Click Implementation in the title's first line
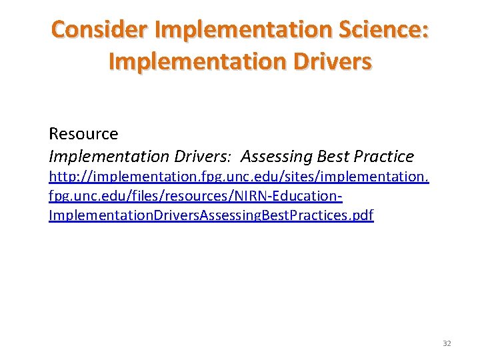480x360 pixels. pos(237,29)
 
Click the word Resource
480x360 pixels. pos(83,134)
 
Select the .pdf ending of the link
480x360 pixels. pos(361,216)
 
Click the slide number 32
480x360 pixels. pos(447,343)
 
